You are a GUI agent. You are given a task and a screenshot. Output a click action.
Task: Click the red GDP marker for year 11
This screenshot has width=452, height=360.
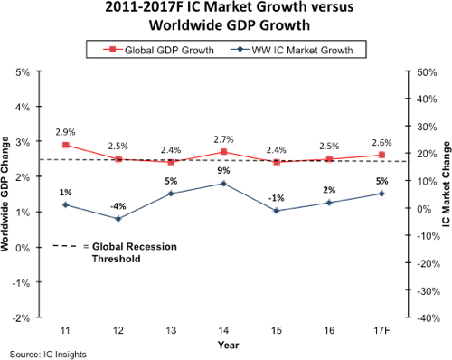[66, 145]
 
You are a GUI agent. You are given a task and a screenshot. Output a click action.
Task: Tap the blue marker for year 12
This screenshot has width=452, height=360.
[118, 218]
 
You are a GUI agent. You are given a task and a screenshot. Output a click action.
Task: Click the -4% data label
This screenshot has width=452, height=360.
[118, 205]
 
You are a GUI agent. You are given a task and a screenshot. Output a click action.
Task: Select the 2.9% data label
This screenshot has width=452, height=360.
[66, 132]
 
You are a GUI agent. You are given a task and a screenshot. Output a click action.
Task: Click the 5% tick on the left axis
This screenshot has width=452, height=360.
[24, 71]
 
